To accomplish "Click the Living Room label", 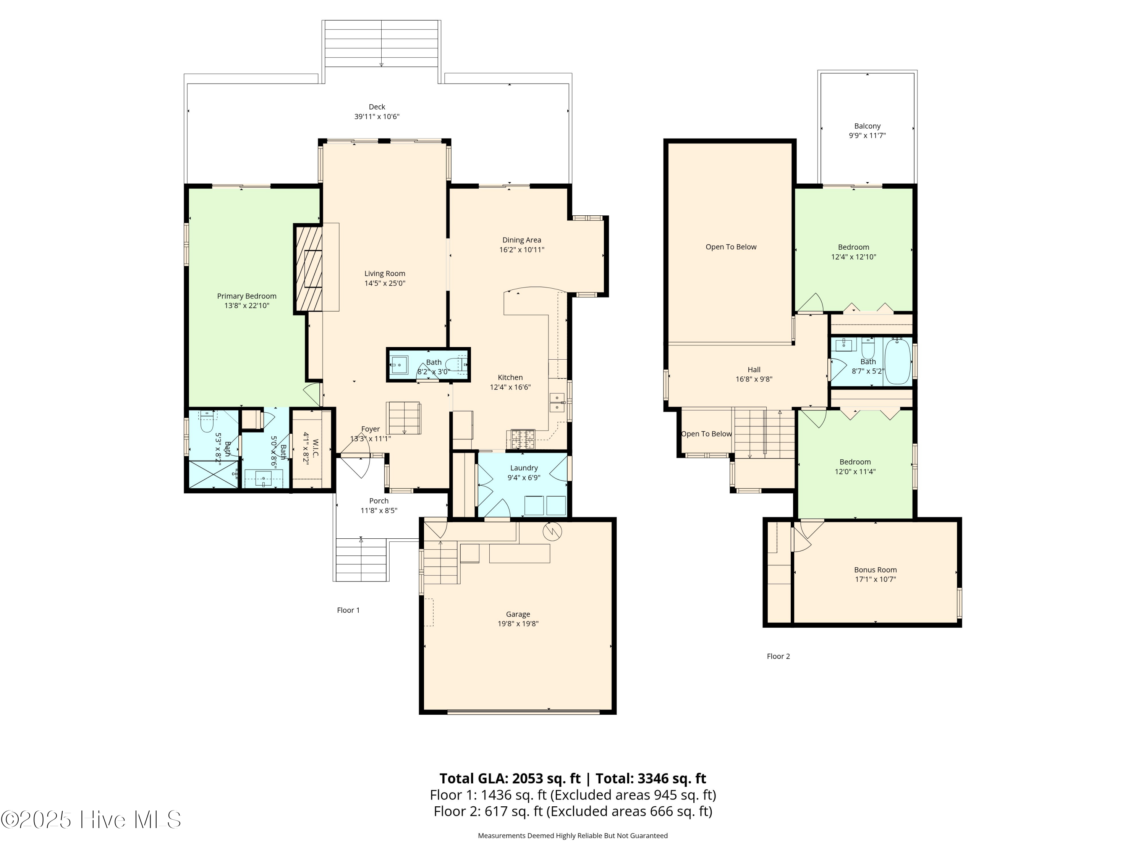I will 384,273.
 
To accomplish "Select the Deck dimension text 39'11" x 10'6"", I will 377,116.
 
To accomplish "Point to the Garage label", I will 518,614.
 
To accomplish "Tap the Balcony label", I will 867,126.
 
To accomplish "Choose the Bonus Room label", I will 875,570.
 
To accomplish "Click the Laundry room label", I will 524,468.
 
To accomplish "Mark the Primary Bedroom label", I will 247,296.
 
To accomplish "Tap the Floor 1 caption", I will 348,610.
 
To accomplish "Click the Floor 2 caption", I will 778,656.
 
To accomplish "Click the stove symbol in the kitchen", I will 523,439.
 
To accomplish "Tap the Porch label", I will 379,501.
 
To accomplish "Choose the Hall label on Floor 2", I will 754,369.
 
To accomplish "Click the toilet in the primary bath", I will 207,421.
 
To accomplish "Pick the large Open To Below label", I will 730,247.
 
